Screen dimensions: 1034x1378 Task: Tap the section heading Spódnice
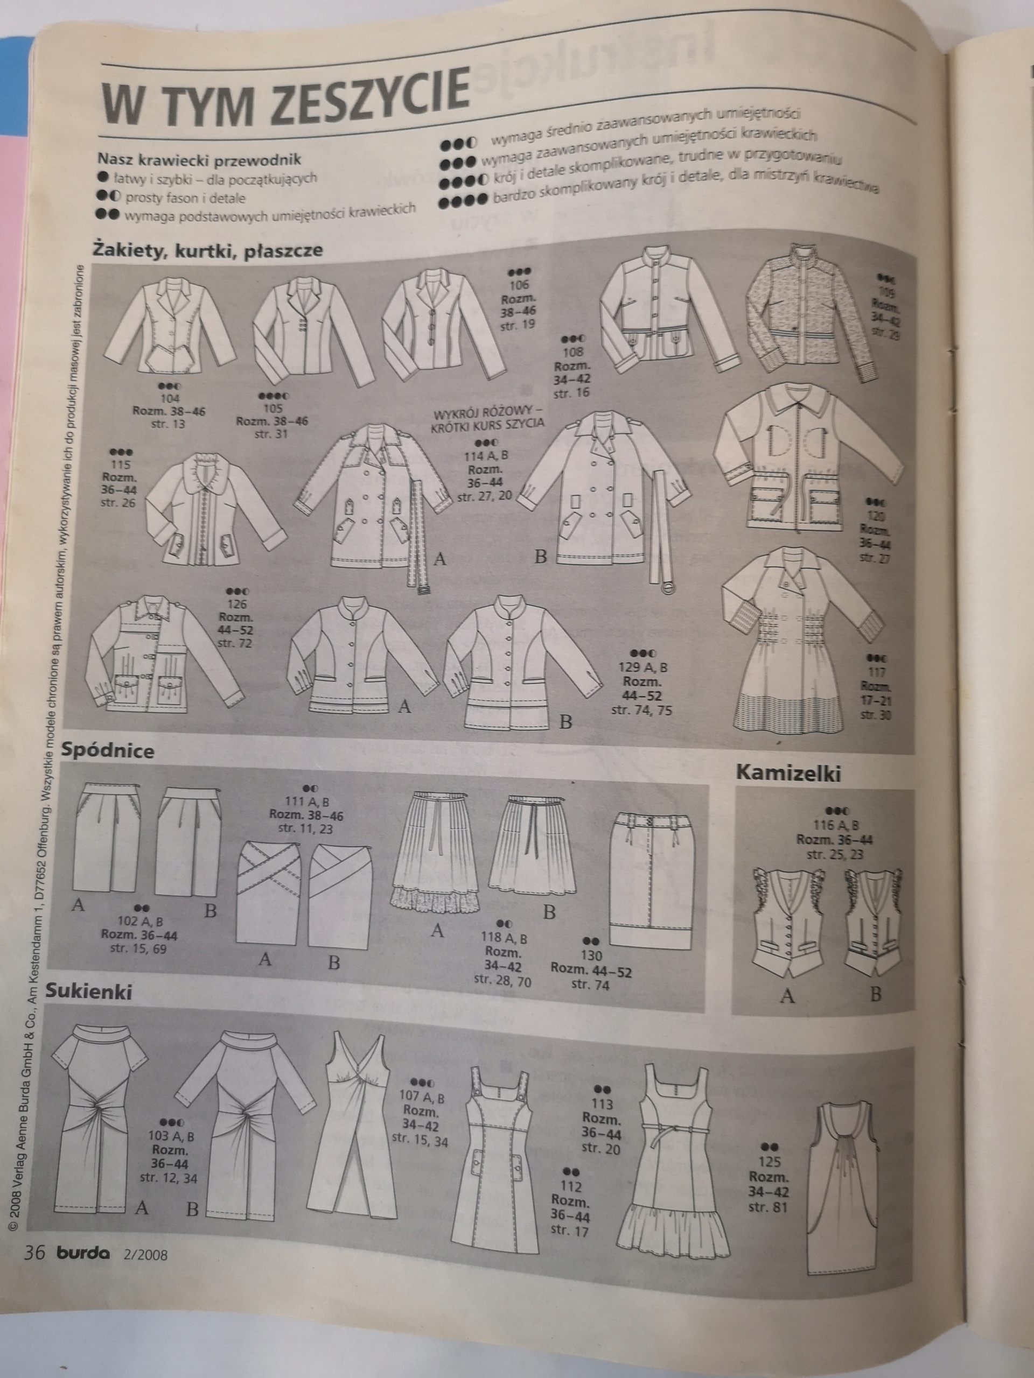pyautogui.click(x=108, y=751)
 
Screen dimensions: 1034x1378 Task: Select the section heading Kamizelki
pyautogui.click(x=788, y=774)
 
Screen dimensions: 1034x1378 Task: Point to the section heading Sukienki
pyautogui.click(x=88, y=991)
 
